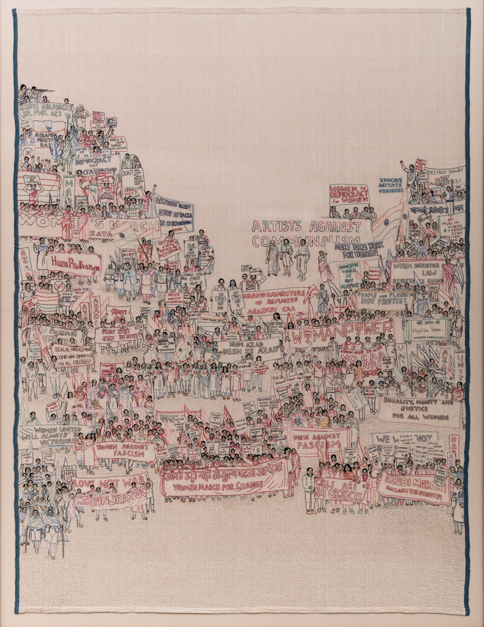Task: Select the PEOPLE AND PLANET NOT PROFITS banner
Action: click(x=384, y=299)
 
